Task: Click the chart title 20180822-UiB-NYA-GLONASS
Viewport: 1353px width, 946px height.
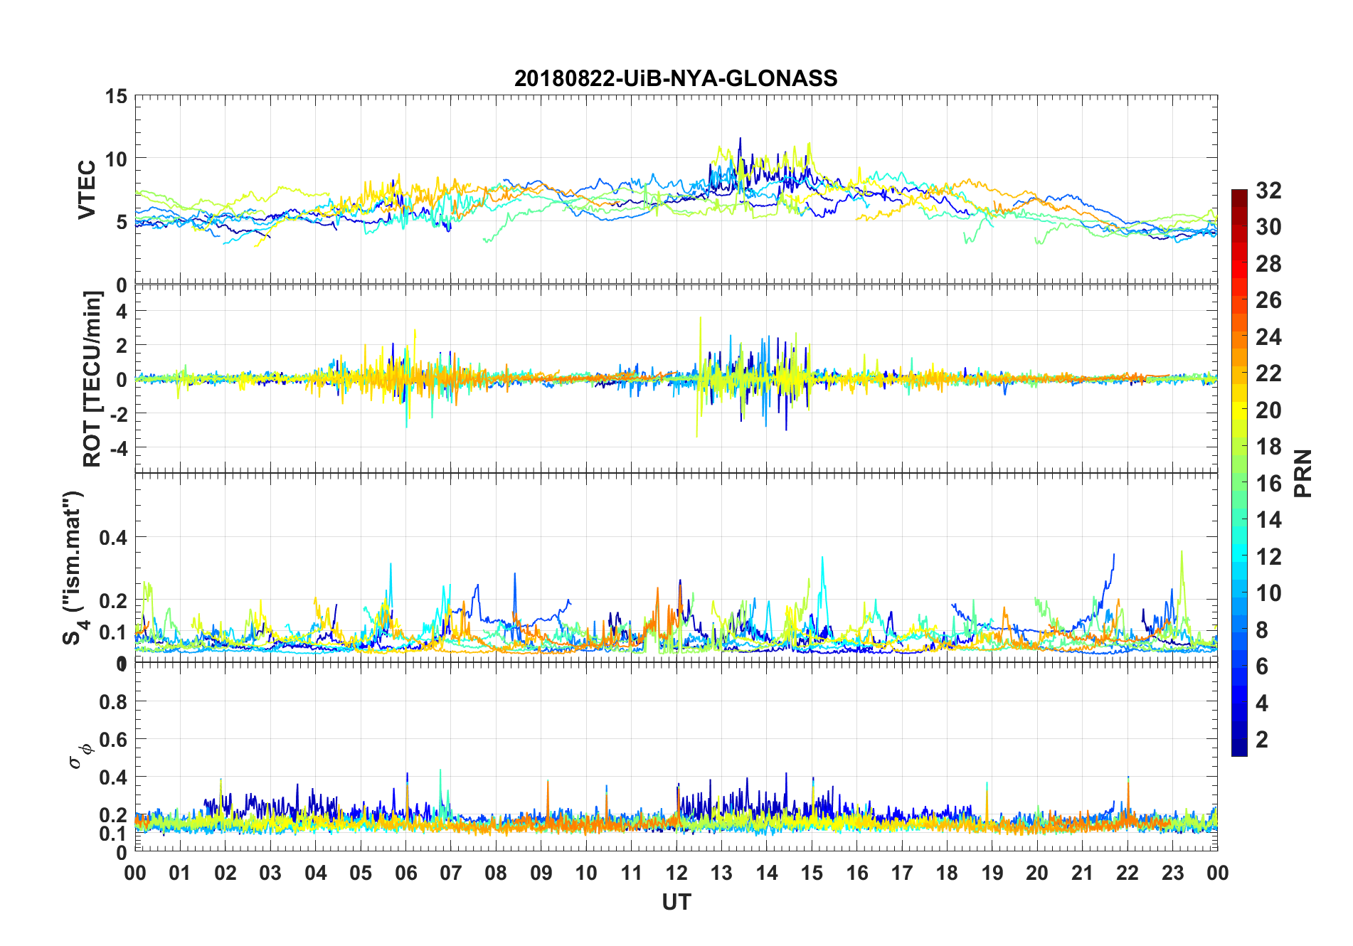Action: tap(676, 78)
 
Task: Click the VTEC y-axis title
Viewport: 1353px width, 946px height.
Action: tap(87, 190)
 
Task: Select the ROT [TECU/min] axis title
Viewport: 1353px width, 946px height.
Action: tap(92, 379)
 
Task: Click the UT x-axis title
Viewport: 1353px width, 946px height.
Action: tap(676, 902)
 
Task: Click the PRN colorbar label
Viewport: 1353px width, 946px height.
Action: tap(1302, 473)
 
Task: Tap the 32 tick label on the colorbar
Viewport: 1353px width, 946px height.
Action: tap(1268, 190)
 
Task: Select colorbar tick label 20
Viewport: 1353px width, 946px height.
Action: tap(1268, 410)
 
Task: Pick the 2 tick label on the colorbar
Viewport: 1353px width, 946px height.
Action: tap(1262, 739)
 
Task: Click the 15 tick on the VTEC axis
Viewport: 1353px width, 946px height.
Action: tap(116, 96)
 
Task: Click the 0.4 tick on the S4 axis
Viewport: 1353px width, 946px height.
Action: tap(113, 537)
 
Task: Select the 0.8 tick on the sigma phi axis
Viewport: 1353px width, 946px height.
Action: tap(113, 702)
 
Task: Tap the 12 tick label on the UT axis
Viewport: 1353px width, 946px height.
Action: tap(676, 873)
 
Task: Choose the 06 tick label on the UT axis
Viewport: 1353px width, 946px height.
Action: tap(405, 873)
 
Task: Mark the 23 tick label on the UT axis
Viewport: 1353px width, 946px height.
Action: tap(1172, 873)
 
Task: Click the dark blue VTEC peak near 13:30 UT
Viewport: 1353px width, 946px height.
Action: tap(740, 139)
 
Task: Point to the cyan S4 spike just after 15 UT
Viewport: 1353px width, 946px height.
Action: tap(822, 558)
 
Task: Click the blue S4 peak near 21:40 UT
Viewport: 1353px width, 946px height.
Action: tap(1113, 555)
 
